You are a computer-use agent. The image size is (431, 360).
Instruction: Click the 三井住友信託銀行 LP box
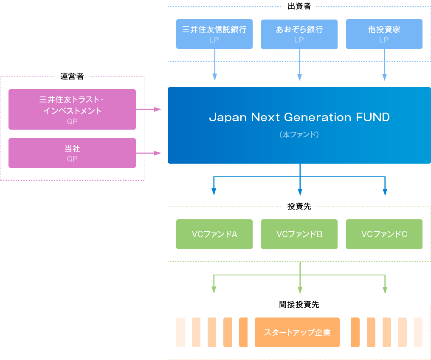coord(214,34)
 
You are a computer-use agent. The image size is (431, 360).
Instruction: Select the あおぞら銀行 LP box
coord(299,34)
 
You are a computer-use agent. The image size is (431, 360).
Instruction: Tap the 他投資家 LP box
coord(384,34)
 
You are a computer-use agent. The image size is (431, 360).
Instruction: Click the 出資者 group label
coord(299,6)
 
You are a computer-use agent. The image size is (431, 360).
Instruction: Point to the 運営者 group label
coord(72,77)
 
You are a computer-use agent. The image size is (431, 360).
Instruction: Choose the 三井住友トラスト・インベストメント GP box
coord(72,109)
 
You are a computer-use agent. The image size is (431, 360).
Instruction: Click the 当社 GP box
coord(72,153)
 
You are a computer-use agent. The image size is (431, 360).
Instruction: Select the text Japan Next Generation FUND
coord(299,117)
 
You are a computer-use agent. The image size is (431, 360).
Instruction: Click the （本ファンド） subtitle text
coord(299,135)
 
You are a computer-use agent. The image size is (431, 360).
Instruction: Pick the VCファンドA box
coord(214,234)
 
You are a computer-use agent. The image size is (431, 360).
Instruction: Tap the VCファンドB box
coord(299,234)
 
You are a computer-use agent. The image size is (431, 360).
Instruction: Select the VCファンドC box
coord(384,234)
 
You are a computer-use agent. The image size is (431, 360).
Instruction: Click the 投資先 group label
coord(299,207)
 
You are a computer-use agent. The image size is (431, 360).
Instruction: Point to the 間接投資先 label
coord(299,304)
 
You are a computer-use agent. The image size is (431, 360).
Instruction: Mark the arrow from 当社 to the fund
coord(149,153)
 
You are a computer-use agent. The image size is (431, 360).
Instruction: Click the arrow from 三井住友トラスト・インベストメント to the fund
coord(149,109)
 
